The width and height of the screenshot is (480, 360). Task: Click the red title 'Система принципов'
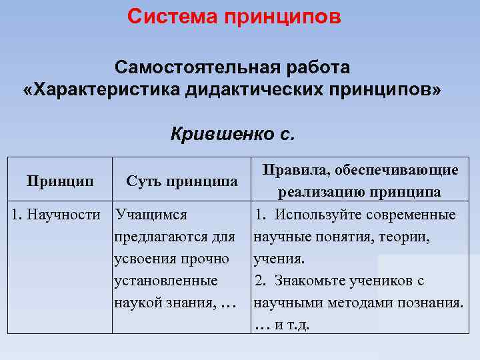[234, 16]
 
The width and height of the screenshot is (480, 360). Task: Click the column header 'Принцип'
[59, 180]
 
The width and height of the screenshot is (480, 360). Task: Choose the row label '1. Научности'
[57, 215]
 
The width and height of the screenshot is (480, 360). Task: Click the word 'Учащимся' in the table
[151, 215]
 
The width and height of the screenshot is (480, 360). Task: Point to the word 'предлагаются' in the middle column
[163, 237]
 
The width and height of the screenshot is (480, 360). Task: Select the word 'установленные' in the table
[166, 281]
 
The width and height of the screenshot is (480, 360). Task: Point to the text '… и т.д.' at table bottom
[283, 325]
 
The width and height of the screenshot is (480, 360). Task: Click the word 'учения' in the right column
[277, 259]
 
